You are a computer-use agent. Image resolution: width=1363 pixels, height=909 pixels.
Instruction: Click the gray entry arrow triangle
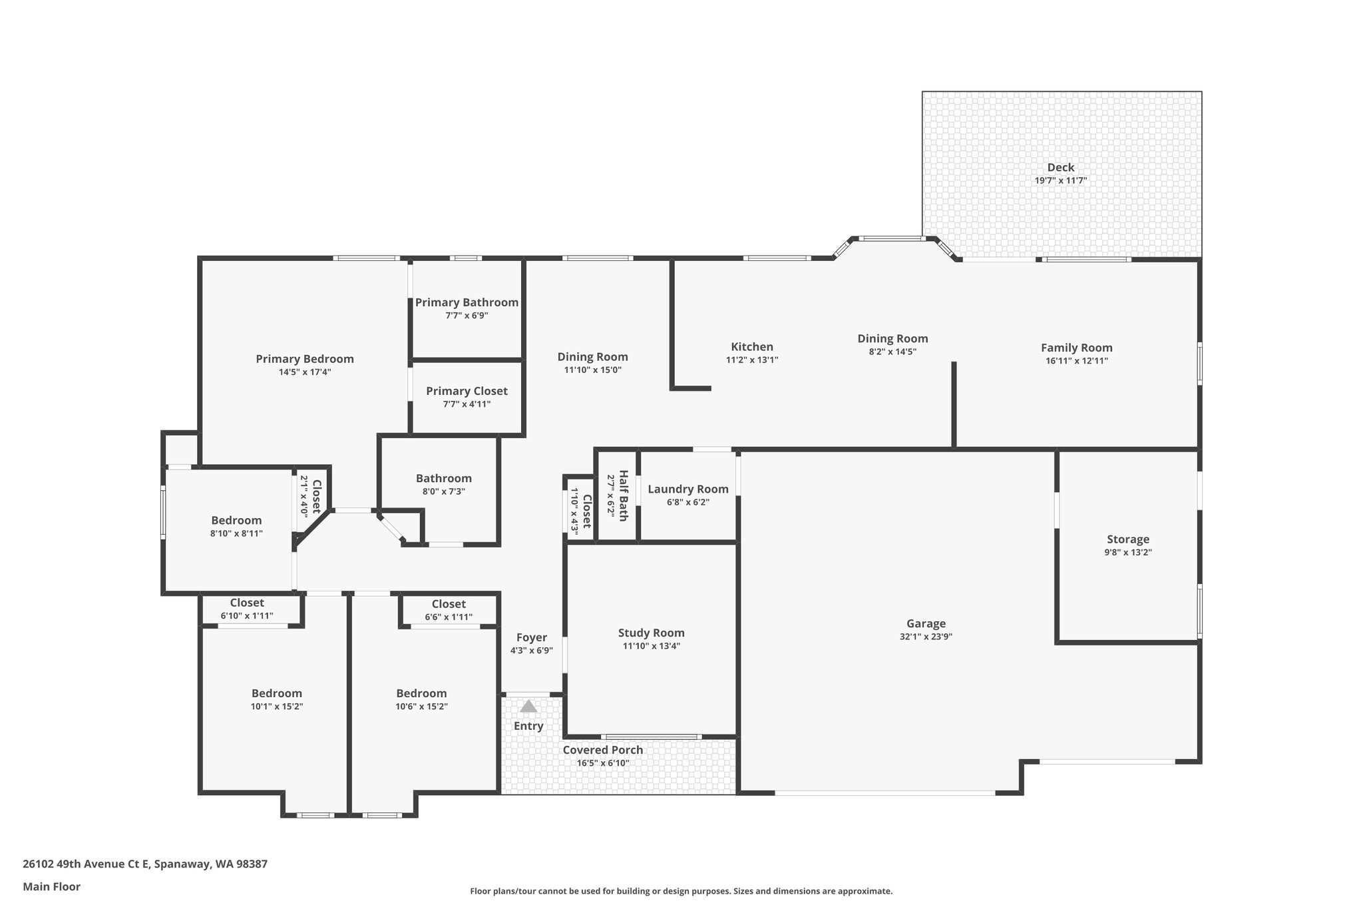[x=528, y=707]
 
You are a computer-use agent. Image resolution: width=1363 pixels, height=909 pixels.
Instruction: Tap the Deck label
[x=1061, y=167]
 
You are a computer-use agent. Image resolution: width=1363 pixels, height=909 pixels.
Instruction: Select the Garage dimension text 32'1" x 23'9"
[x=926, y=637]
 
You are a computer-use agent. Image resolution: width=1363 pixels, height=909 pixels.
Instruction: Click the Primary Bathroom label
[x=467, y=302]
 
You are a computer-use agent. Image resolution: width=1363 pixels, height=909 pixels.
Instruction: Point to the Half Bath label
[x=624, y=495]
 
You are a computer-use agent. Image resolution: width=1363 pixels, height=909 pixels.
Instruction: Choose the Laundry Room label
[x=687, y=489]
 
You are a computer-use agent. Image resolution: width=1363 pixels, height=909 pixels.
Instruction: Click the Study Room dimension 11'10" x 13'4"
[x=651, y=646]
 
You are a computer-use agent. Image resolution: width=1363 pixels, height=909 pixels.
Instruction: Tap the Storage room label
[x=1128, y=539]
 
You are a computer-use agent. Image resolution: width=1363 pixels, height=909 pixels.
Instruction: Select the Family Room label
[x=1076, y=348]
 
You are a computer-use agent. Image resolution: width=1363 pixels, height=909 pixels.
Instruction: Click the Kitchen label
[x=752, y=347]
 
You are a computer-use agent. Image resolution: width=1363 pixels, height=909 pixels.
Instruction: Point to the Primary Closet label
[x=467, y=391]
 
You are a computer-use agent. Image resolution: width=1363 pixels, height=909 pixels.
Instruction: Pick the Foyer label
[x=531, y=637]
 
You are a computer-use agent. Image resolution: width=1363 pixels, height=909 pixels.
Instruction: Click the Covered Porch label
[x=603, y=750]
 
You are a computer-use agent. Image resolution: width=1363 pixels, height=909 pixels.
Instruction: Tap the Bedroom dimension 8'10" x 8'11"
[x=236, y=533]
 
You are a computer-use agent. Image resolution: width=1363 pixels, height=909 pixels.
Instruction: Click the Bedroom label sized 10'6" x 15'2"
[x=421, y=693]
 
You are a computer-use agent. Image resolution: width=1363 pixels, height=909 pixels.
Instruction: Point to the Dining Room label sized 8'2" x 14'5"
[x=892, y=338]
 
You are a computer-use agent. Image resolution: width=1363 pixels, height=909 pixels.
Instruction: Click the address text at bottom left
[x=145, y=864]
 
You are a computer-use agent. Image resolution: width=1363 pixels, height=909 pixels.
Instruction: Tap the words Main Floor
[x=51, y=886]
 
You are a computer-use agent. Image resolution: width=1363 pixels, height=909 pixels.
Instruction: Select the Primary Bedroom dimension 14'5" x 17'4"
[x=305, y=372]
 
